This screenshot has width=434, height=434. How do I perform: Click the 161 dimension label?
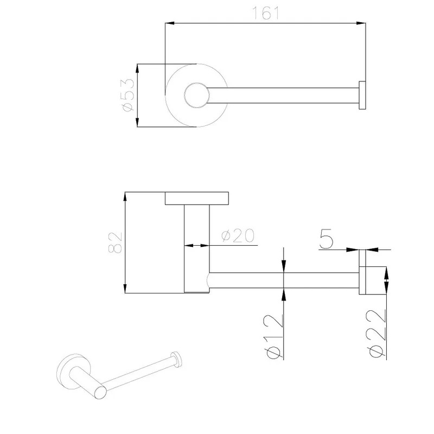265,13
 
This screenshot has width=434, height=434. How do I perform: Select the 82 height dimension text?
115,242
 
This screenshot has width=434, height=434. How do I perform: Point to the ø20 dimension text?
238,235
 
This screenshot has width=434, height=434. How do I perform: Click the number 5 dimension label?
326,239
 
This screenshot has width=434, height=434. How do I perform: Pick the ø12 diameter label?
275,336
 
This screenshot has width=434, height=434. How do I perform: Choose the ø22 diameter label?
378,334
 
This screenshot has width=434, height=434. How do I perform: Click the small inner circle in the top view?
197,95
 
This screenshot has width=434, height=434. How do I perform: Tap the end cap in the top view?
362,95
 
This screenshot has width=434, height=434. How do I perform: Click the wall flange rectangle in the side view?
197,198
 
